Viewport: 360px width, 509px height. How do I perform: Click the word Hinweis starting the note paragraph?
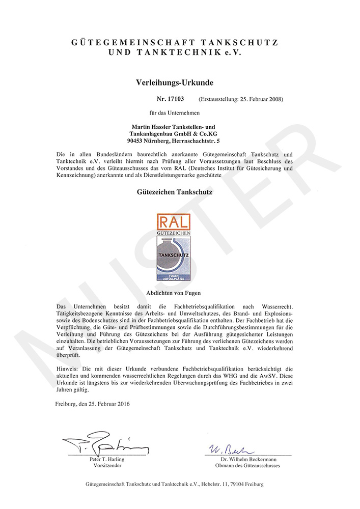[67, 367]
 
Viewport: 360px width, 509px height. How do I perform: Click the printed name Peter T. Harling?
[107, 459]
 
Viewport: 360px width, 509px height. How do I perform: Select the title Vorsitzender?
[107, 466]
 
